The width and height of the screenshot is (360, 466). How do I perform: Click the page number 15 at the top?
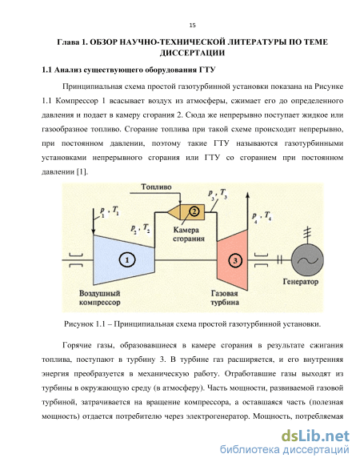click(x=193, y=26)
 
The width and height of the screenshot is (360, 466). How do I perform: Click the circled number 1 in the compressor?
click(x=127, y=260)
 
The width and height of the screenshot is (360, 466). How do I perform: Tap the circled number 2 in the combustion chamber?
click(x=194, y=211)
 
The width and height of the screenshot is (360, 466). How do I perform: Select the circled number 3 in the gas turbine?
click(x=235, y=261)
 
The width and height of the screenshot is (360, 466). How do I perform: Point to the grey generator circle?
click(x=307, y=261)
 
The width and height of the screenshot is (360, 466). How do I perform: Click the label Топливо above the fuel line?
click(x=156, y=187)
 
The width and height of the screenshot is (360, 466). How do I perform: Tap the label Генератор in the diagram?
click(x=301, y=282)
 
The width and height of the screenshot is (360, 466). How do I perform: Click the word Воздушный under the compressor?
click(x=99, y=294)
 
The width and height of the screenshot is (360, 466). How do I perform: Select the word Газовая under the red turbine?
click(x=224, y=293)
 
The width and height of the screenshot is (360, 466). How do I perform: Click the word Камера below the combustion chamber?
click(x=186, y=230)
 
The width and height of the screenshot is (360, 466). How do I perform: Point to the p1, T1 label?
click(x=110, y=212)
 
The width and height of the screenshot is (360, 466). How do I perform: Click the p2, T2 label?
click(x=140, y=229)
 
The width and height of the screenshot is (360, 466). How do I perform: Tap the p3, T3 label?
click(x=217, y=195)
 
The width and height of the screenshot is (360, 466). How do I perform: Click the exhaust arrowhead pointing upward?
click(x=247, y=195)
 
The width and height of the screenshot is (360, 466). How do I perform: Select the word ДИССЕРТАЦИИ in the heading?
click(x=192, y=53)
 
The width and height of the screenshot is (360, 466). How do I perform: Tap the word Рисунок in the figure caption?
click(x=78, y=324)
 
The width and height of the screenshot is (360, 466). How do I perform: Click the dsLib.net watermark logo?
click(x=315, y=436)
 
